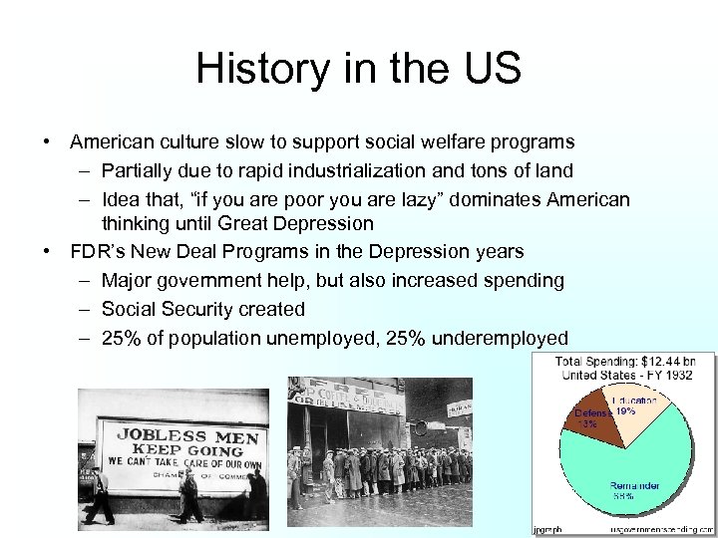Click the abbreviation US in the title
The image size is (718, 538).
pos(489,69)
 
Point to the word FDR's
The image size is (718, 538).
pos(98,252)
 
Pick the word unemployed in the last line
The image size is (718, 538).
pos(326,338)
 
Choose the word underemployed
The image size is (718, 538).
pos(499,338)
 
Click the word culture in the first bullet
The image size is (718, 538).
pos(193,143)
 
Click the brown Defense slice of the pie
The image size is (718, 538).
pos(590,416)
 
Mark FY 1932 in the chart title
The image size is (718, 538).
pos(666,375)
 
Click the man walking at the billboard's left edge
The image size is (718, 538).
pos(98,493)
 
